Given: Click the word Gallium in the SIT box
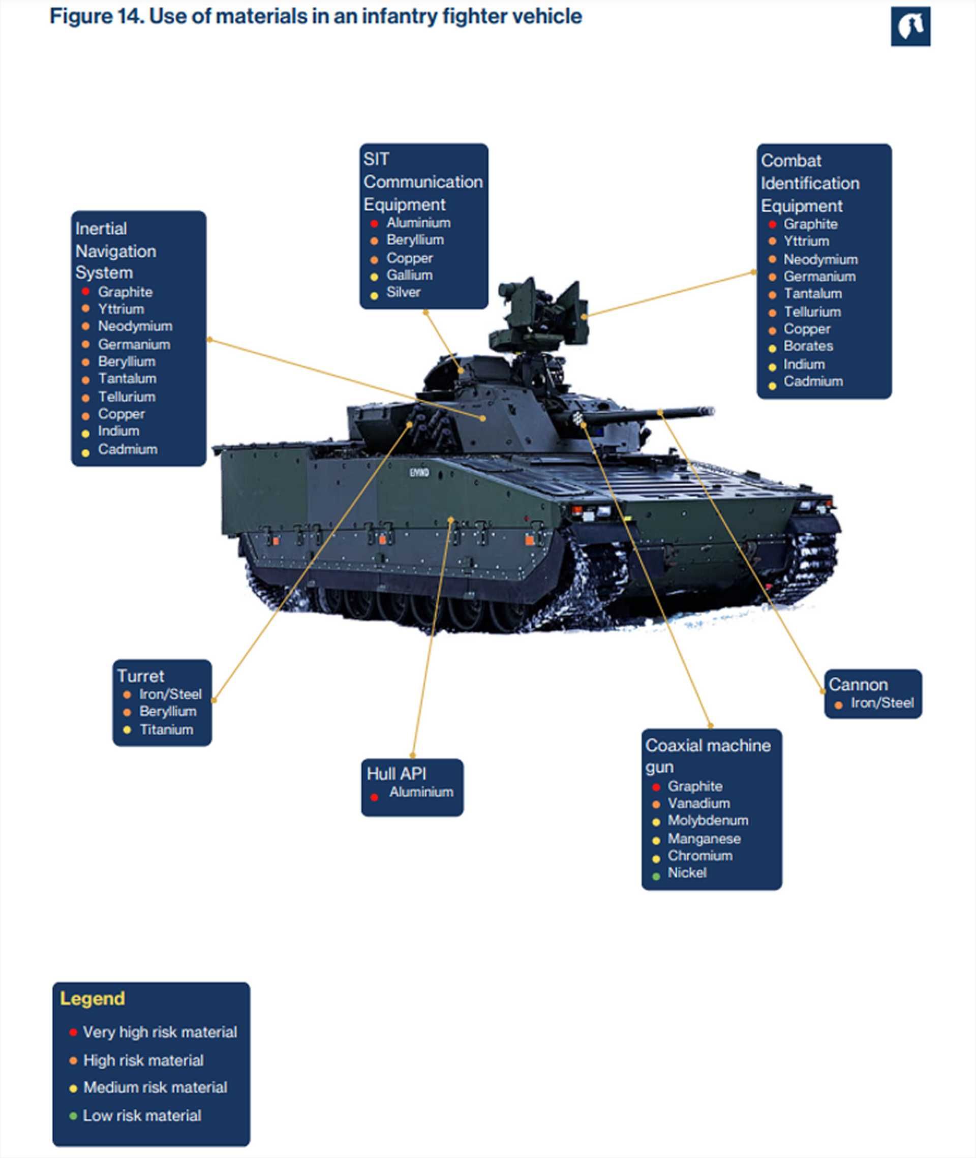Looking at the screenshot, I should click(409, 275).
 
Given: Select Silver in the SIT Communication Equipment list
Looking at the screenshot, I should click(403, 292).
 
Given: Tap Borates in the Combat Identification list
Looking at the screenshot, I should click(808, 346).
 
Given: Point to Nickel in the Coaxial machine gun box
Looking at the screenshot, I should click(687, 872).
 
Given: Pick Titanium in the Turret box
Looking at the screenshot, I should click(166, 730).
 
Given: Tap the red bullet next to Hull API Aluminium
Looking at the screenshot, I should click(374, 797).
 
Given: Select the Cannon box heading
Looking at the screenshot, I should click(858, 684).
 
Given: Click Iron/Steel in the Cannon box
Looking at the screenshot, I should click(882, 703).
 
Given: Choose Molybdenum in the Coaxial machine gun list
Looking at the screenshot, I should click(708, 820).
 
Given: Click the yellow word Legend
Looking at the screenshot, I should click(93, 999).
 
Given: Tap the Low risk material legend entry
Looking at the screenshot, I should click(142, 1115).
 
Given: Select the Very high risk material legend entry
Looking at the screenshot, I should click(159, 1032).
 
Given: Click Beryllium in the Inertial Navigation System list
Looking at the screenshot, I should click(127, 361).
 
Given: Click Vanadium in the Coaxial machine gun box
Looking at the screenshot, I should click(698, 803).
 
